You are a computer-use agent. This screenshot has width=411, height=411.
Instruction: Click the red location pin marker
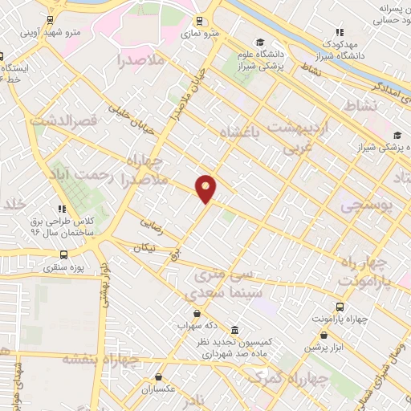coord(206,188)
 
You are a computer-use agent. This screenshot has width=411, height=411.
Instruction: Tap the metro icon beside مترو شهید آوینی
coord(51,20)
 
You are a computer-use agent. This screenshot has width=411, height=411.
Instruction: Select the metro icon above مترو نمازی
coord(200,22)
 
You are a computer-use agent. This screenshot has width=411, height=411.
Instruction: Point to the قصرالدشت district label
coord(63,121)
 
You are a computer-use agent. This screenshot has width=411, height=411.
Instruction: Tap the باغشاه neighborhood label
coord(256,132)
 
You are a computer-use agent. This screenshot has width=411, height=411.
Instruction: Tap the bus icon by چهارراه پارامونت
coord(340,307)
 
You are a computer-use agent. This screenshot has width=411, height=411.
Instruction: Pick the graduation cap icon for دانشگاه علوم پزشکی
coord(259,43)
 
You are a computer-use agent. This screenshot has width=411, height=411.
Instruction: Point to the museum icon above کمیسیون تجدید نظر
coord(234,330)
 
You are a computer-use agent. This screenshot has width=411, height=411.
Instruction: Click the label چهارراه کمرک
coord(285,378)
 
